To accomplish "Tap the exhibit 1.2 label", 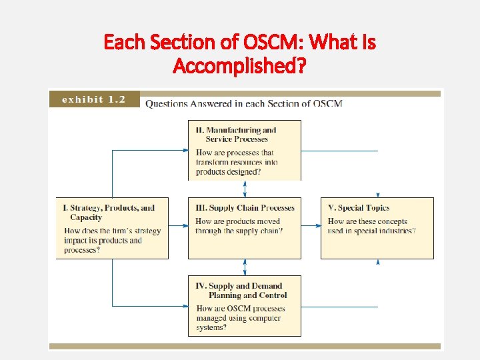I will (x=93, y=99).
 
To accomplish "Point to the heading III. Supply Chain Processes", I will (x=245, y=208).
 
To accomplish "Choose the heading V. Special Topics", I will (x=358, y=208).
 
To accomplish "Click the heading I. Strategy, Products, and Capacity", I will (x=109, y=212).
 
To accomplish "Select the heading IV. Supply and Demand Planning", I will (x=241, y=291).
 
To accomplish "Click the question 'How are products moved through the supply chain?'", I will (x=239, y=226).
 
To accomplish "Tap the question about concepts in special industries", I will (x=371, y=226).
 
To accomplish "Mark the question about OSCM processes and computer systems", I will (x=240, y=318).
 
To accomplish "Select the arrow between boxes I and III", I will (x=178, y=226).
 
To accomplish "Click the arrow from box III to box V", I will (x=311, y=226).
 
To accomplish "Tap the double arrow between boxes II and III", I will (x=245, y=188).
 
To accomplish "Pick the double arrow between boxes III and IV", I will (x=245, y=267).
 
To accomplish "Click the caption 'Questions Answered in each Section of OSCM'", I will (x=244, y=103).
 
